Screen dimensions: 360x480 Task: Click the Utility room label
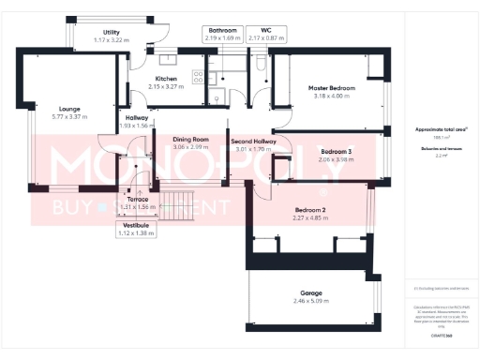tap(112, 32)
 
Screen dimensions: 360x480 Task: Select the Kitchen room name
tap(167, 79)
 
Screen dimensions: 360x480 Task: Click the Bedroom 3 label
tap(336, 151)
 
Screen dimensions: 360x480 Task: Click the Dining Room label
tap(190, 140)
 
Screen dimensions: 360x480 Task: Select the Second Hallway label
tap(251, 140)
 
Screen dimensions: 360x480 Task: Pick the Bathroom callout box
tap(223, 35)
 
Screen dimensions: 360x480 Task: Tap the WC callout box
tap(266, 35)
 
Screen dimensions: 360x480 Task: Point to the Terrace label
tap(138, 200)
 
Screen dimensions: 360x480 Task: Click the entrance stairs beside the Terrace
tap(176, 205)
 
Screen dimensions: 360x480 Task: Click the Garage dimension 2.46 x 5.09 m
tap(306, 300)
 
